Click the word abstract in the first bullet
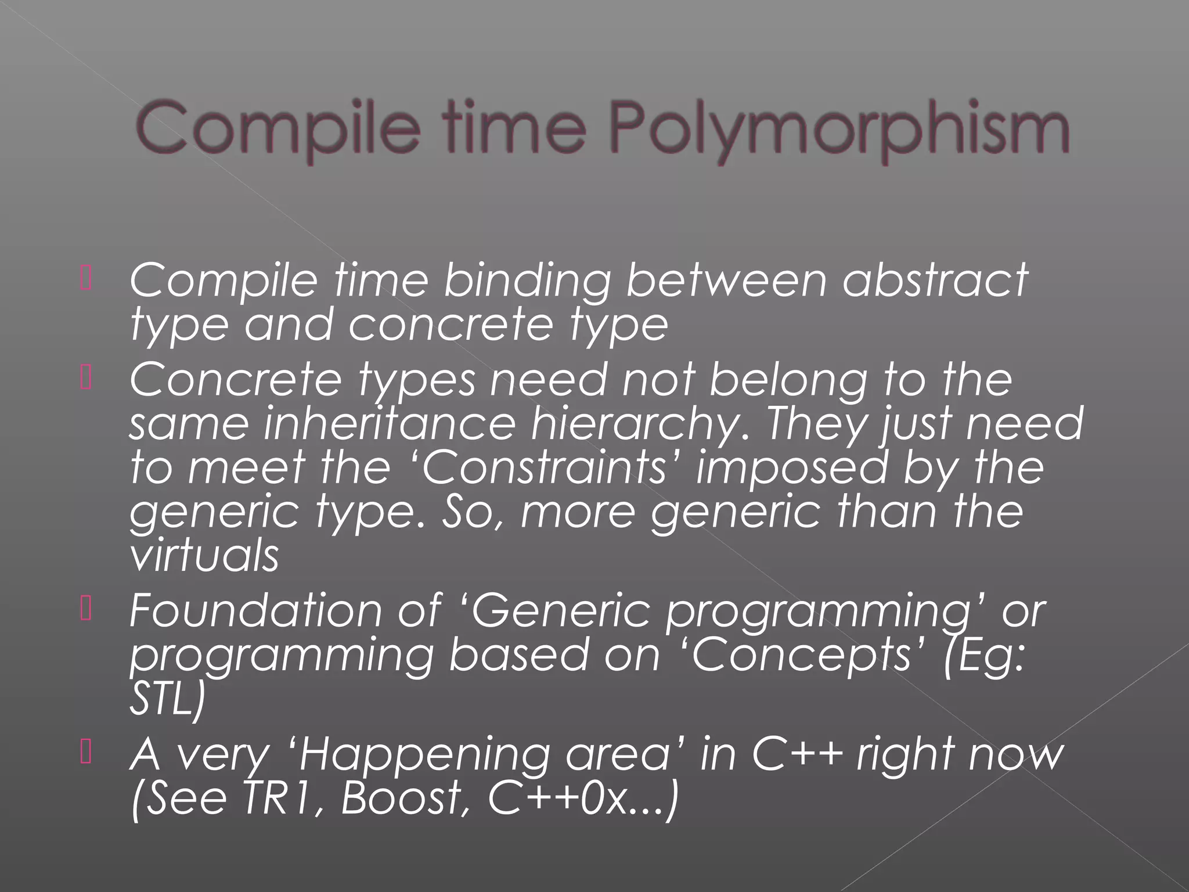(x=935, y=280)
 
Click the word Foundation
(x=255, y=611)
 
